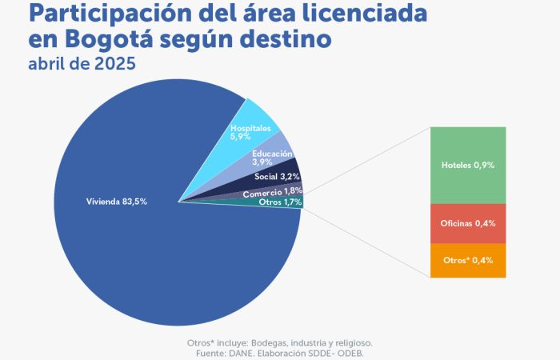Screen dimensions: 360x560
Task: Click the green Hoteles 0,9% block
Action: (468, 165)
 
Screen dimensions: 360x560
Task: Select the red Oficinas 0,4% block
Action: (468, 223)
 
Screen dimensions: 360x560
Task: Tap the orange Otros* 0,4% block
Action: (468, 261)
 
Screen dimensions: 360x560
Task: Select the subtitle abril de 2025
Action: (76, 64)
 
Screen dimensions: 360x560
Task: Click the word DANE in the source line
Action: (250, 353)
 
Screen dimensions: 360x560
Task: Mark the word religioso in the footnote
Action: (350, 342)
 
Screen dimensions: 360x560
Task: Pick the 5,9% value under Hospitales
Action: (242, 136)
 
